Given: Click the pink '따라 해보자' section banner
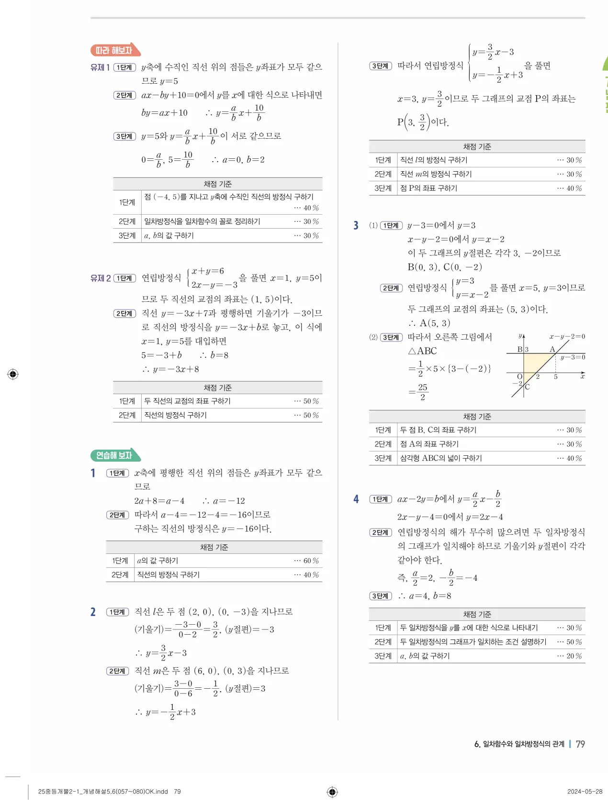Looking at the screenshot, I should tap(115, 50).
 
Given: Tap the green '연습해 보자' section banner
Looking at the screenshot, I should tap(115, 455).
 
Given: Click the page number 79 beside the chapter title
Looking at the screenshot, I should tap(580, 744).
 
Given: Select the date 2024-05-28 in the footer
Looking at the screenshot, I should tap(585, 792).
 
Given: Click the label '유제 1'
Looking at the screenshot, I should tap(100, 67).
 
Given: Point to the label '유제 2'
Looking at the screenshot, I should tap(101, 278).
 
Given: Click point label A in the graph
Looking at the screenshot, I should tap(552, 349).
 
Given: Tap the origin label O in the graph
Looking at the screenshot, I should tap(519, 377).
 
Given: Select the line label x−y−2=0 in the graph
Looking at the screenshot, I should tap(567, 336).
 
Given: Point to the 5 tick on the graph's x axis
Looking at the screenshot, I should tap(556, 377).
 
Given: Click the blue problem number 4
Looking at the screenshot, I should tap(356, 499).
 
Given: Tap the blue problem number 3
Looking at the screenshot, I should tap(356, 225).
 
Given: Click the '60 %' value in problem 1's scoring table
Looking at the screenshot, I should tap(311, 561).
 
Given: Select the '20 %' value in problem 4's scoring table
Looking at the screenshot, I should tap(574, 656).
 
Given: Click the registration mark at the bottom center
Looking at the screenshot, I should tap(332, 792).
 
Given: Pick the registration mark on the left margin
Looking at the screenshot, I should tap(13, 374).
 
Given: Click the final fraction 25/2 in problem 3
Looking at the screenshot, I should tap(422, 392).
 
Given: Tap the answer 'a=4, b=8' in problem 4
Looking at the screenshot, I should tap(430, 595).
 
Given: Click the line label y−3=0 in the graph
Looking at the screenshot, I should tap(573, 357).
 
